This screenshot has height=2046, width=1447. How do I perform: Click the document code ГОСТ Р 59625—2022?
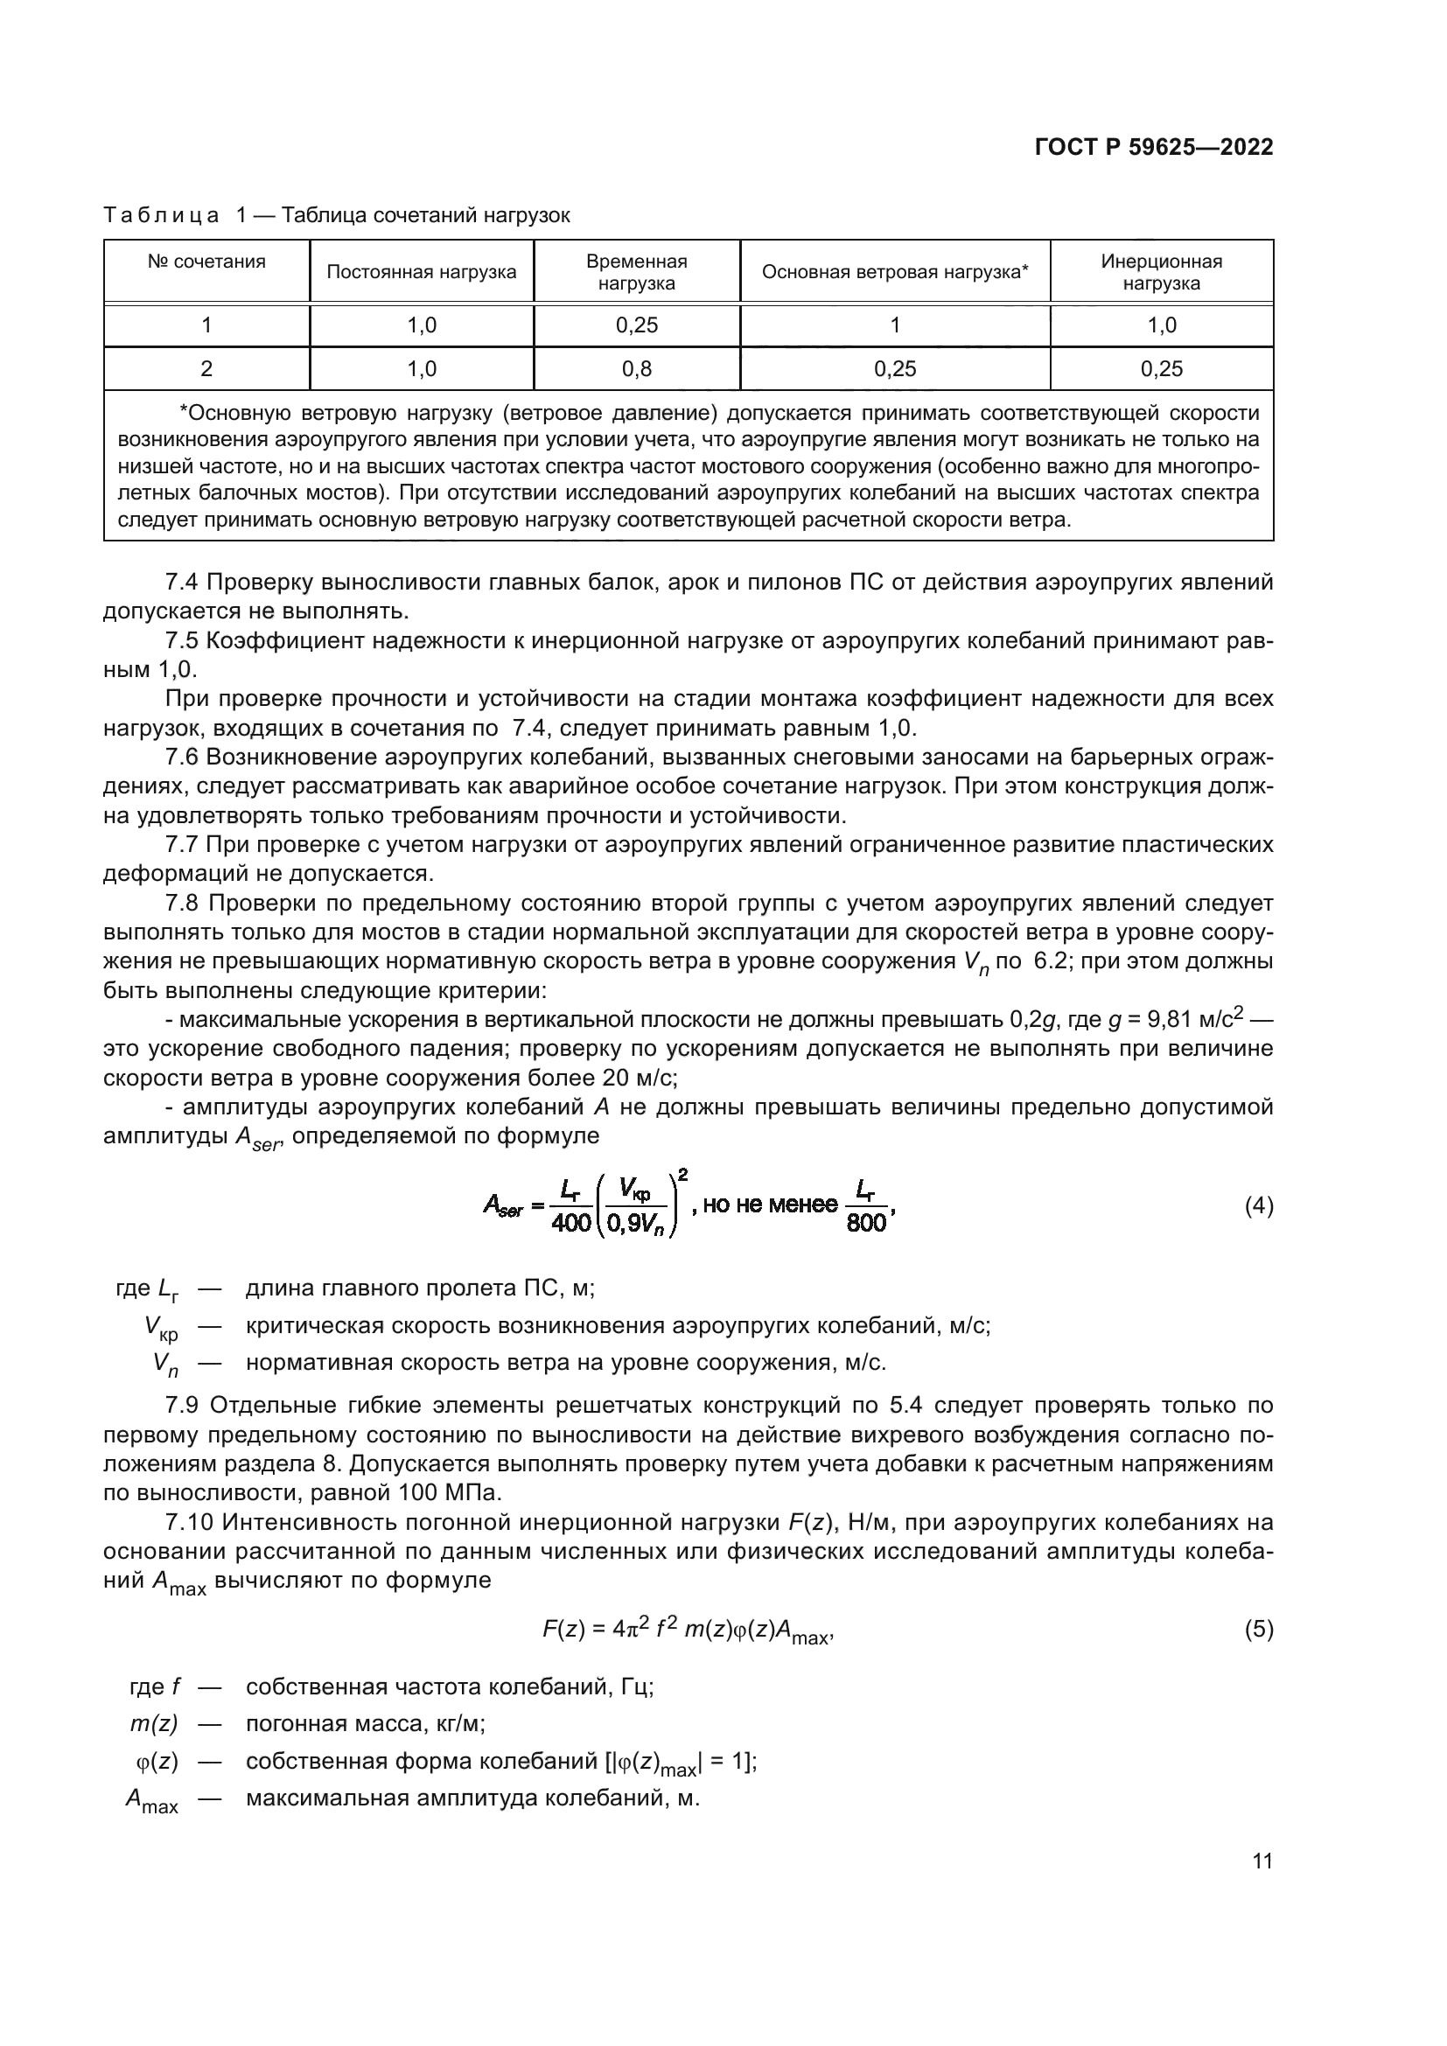(1153, 148)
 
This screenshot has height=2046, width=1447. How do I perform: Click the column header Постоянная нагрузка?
(422, 272)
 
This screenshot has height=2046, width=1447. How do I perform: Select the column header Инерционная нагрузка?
(1161, 272)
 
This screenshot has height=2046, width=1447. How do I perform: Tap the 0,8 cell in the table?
(636, 369)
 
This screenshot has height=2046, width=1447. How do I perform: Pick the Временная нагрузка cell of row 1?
(636, 325)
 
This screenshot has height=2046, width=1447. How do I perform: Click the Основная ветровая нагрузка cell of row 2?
(895, 369)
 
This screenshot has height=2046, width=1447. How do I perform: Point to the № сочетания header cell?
(206, 262)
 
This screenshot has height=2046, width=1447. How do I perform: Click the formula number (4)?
(1258, 1206)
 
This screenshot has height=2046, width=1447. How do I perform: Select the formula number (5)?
(1258, 1630)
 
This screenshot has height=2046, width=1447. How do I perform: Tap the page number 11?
(1262, 1861)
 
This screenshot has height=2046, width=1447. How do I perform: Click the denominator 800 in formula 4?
(866, 1223)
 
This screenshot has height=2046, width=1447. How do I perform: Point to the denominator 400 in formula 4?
(571, 1223)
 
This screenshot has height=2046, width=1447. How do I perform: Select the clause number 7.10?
(189, 1521)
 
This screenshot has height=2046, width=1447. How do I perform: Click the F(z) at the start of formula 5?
(563, 1630)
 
